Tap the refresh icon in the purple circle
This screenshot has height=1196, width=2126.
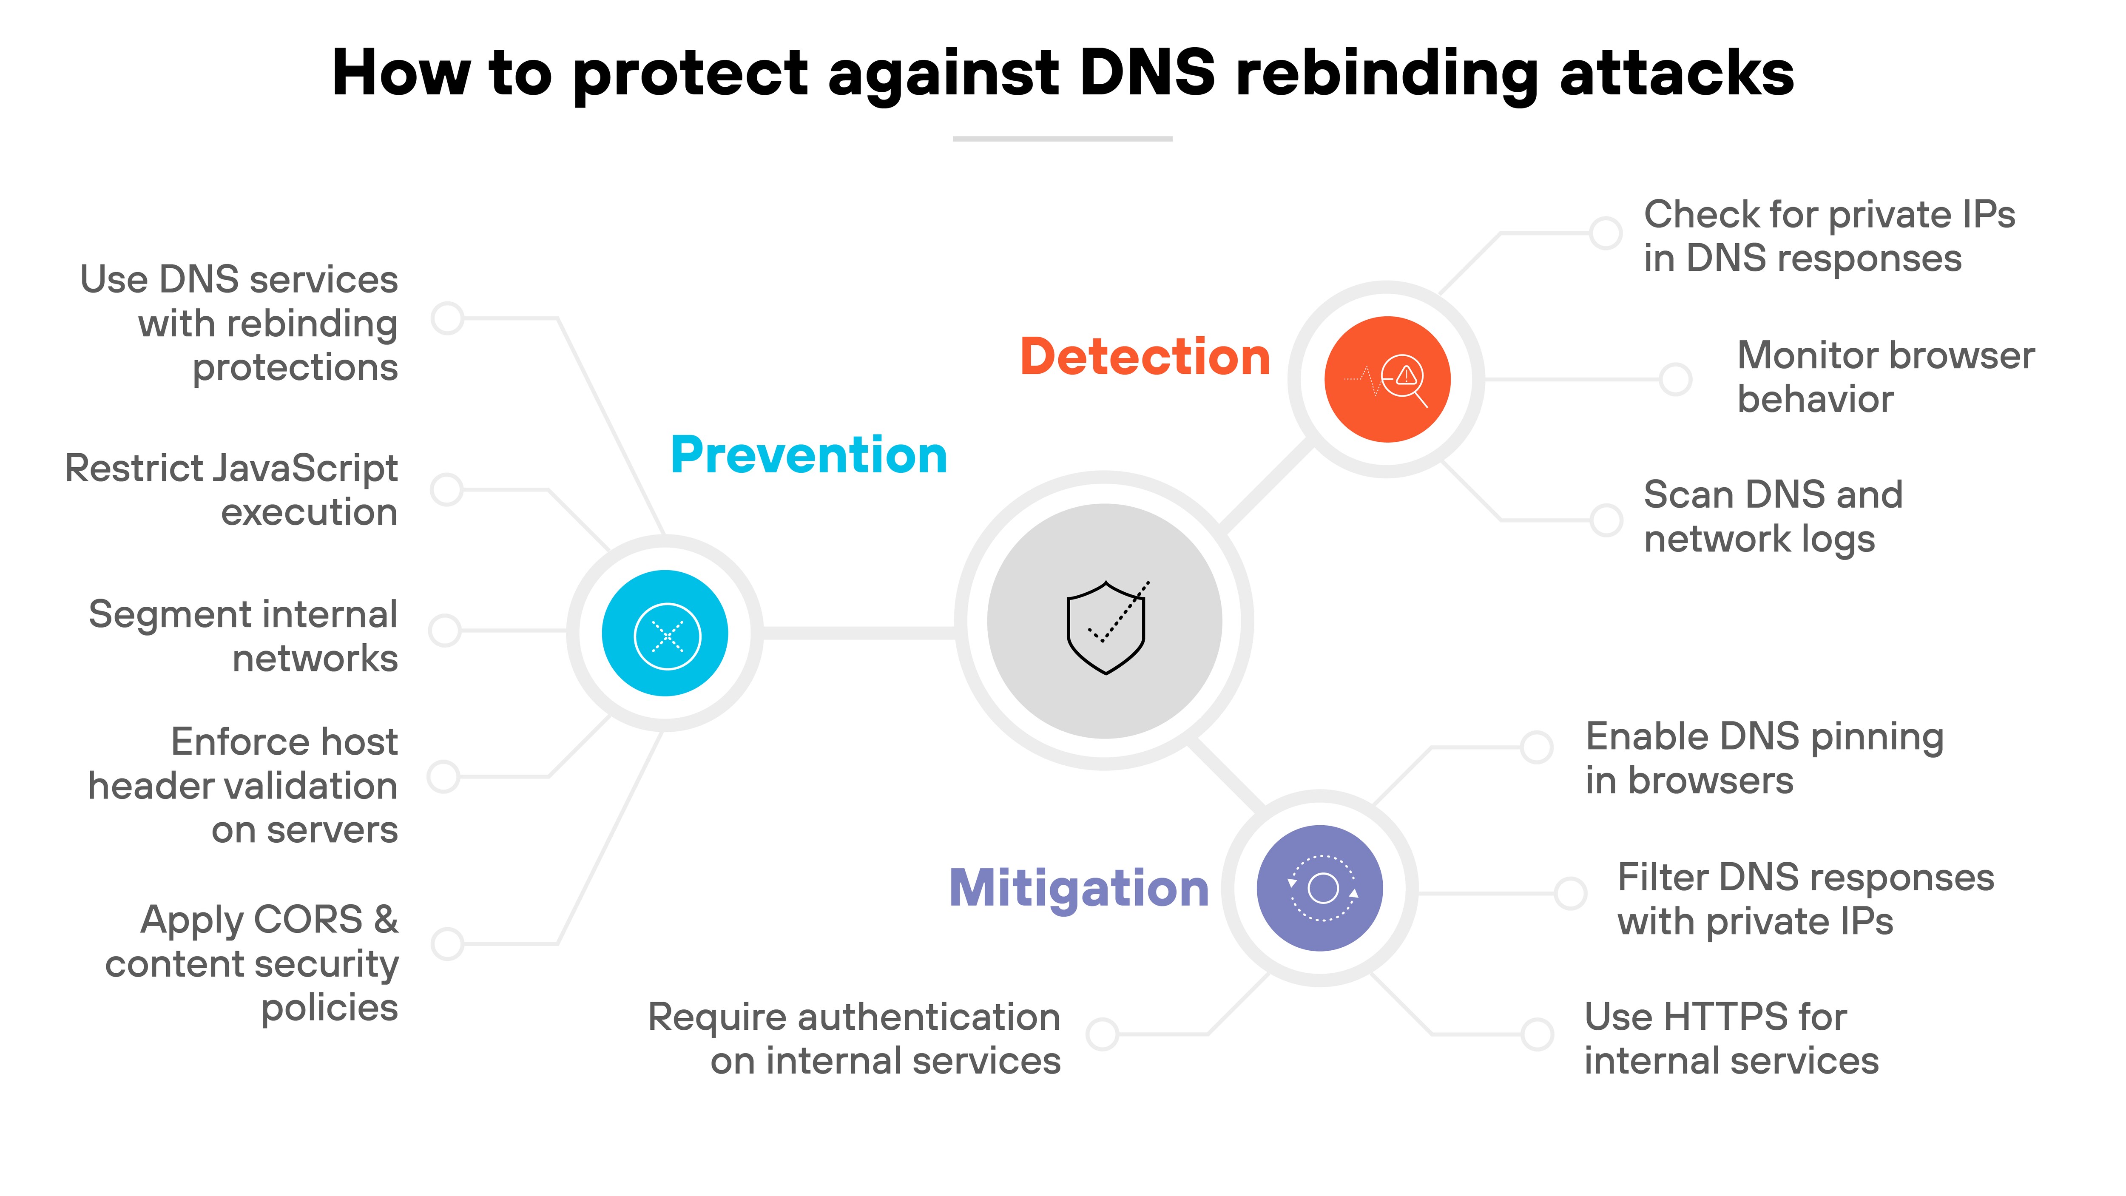pos(1322,888)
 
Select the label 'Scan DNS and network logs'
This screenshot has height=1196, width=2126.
pos(1773,517)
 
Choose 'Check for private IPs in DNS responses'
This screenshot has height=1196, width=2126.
pos(1829,236)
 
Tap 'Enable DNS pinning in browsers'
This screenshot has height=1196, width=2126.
pos(1764,758)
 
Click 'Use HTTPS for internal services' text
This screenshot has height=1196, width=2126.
pos(1731,1038)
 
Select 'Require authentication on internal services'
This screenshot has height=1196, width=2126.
pos(854,1038)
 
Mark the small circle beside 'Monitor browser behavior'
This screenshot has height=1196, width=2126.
pos(1675,380)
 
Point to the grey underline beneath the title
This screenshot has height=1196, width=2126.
pos(1062,139)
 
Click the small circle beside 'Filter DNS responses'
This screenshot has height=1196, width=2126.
pos(1570,893)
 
